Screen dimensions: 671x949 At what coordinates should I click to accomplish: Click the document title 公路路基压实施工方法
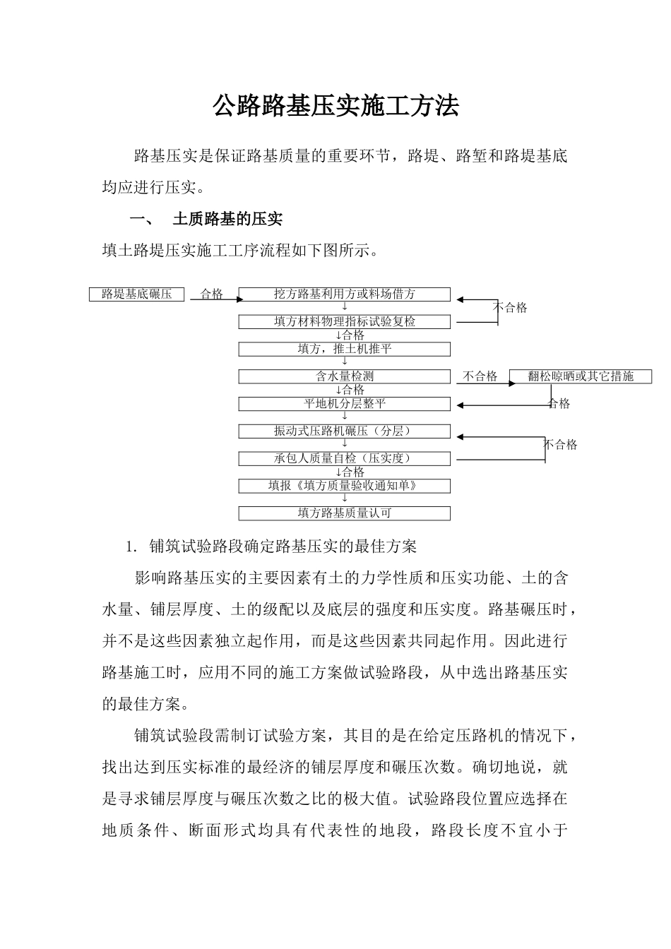coord(335,106)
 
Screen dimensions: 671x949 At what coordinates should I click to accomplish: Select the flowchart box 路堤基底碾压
coord(136,294)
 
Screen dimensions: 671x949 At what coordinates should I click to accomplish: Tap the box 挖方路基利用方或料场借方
coord(344,294)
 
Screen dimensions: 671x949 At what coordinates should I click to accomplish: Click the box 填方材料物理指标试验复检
coord(344,322)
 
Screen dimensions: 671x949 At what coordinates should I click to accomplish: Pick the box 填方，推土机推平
coord(344,350)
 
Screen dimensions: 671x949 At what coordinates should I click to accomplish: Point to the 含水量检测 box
coord(344,377)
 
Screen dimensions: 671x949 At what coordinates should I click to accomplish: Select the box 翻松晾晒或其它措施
coord(580,377)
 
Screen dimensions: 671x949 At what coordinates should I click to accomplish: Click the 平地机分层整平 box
coord(344,405)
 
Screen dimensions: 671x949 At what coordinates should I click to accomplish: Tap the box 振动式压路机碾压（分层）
coord(344,431)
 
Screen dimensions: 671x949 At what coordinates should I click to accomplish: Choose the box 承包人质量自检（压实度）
coord(344,459)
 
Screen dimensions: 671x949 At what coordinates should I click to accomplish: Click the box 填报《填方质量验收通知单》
coord(344,487)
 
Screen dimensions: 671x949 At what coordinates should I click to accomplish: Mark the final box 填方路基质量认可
coord(344,514)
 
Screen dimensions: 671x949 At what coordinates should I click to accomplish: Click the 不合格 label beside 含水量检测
coord(480,377)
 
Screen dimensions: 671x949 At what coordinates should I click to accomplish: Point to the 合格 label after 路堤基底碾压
coord(212,294)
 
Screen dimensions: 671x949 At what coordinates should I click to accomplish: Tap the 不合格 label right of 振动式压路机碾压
coord(560,445)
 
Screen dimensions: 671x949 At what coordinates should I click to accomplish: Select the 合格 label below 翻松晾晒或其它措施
coord(559,404)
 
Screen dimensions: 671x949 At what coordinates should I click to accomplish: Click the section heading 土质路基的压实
coord(227,220)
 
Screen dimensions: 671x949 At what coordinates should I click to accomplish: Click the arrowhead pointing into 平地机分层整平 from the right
coord(460,405)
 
